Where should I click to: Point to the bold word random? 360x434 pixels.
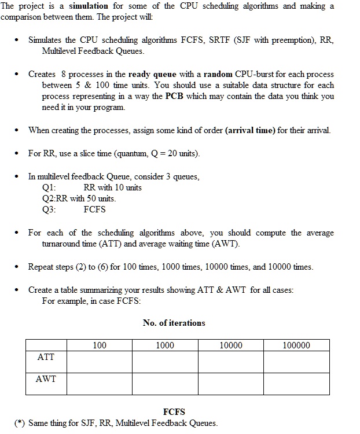218,75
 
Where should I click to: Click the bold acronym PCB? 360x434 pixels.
175,96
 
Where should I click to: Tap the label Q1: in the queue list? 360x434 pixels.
50,187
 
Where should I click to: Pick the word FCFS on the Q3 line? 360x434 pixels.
94,209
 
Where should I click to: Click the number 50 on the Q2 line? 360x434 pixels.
89,198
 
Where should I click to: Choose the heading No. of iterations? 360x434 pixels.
174,323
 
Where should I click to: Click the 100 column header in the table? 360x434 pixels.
100,345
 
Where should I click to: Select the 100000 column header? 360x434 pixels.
296,345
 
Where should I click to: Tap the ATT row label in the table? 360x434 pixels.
46,357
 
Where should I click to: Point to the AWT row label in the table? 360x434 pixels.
46,379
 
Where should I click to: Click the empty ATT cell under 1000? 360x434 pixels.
165,362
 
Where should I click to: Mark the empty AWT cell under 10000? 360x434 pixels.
231,384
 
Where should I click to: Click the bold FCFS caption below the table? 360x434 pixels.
174,412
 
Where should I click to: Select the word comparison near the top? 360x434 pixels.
23,17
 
